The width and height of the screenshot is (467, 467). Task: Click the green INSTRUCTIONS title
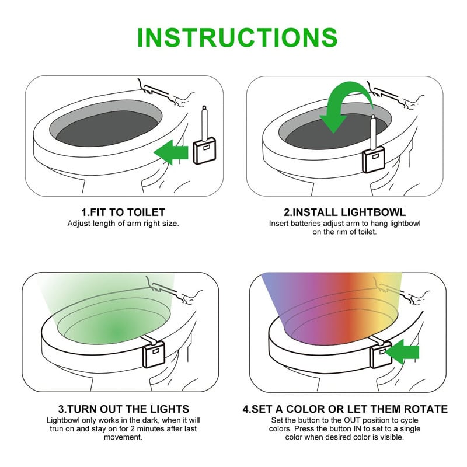(x=236, y=36)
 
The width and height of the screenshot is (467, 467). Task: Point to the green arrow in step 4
(x=403, y=351)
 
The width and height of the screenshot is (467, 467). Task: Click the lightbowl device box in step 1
(x=203, y=153)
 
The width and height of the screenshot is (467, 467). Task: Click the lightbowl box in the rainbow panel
(x=381, y=353)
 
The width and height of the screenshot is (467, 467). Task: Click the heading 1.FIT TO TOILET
(x=123, y=212)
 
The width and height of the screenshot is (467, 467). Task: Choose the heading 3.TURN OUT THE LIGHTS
(x=123, y=409)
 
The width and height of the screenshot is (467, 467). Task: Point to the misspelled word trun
(x=56, y=428)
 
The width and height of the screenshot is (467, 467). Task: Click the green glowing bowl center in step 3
(x=117, y=333)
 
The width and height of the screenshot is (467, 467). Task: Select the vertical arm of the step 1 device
(x=204, y=123)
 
